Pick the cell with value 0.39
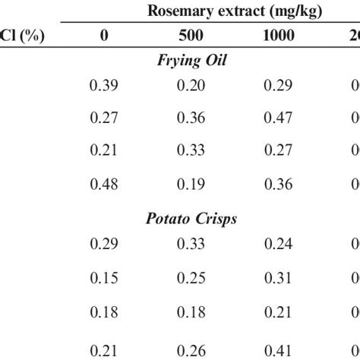click(104, 85)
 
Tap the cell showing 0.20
click(191, 85)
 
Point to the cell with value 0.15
click(104, 277)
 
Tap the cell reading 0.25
click(191, 277)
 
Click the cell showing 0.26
click(191, 349)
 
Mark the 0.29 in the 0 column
click(104, 245)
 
